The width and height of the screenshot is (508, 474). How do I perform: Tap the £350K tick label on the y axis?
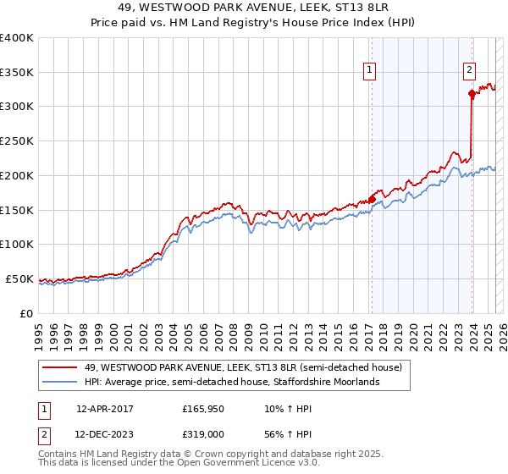(x=17, y=72)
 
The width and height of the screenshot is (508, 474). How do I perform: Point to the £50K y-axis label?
(x=19, y=278)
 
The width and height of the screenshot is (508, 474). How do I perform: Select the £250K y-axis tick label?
(x=17, y=141)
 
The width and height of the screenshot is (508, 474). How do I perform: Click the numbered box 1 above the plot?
(x=371, y=71)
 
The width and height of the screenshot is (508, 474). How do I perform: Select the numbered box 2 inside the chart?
(x=469, y=71)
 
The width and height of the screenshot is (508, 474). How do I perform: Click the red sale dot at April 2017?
(x=372, y=199)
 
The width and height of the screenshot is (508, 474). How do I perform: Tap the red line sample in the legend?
(x=60, y=367)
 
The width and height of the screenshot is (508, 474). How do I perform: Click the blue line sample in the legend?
(x=60, y=382)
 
